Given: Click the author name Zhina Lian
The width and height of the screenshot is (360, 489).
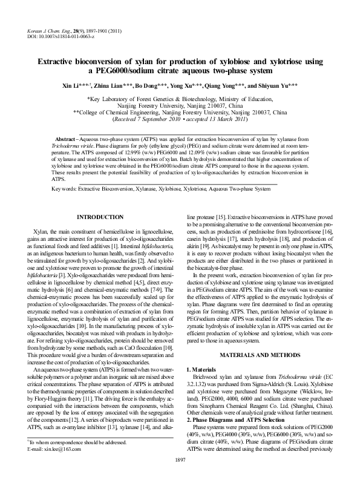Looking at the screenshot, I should [x=113, y=85].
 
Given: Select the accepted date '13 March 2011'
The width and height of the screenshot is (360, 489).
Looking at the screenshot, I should [x=225, y=119].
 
